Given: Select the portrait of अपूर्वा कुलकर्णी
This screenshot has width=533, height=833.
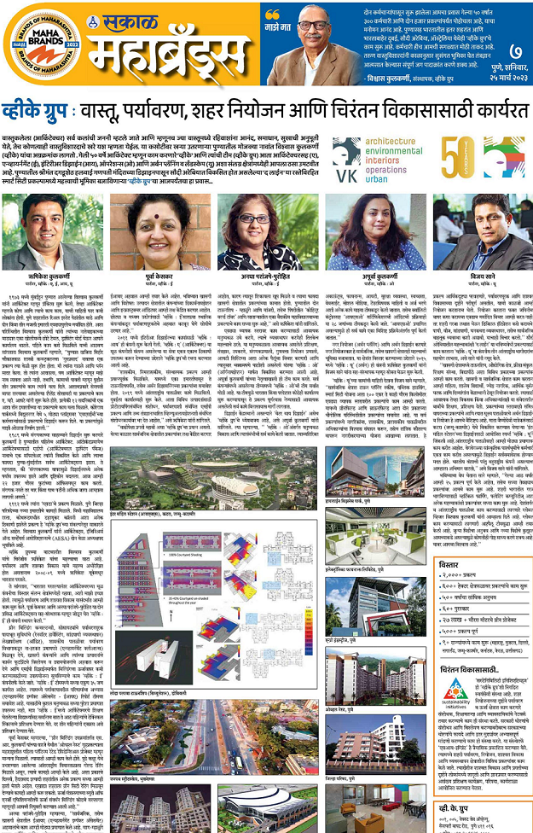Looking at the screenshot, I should click(x=366, y=231).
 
